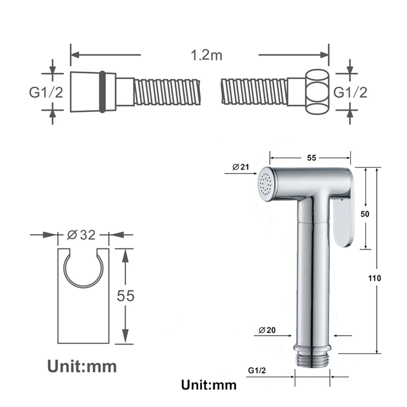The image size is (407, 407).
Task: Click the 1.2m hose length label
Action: tap(207, 55)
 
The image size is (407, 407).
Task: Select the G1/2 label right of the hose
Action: tap(350, 92)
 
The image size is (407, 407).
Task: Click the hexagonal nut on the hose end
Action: tap(317, 92)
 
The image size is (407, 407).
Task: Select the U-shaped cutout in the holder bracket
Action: tap(83, 270)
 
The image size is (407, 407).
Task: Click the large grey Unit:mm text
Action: tap(82, 366)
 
